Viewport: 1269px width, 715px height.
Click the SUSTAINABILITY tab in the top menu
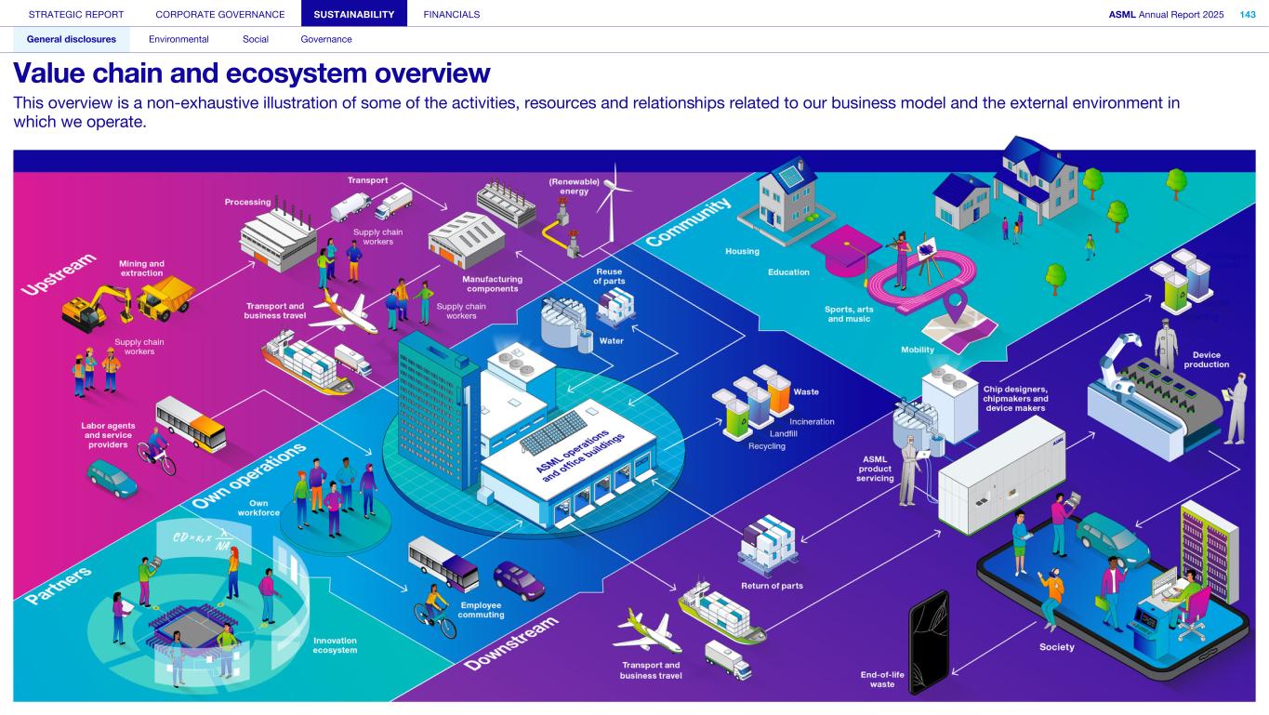click(354, 14)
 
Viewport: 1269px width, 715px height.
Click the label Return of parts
click(772, 586)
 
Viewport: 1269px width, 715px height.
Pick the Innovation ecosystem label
click(335, 645)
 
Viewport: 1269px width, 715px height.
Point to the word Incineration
click(812, 421)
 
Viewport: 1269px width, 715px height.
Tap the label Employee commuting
click(482, 609)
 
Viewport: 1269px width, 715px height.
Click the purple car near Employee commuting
click(519, 581)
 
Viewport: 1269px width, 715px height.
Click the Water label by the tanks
click(611, 340)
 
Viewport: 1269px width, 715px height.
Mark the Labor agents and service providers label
click(108, 435)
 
